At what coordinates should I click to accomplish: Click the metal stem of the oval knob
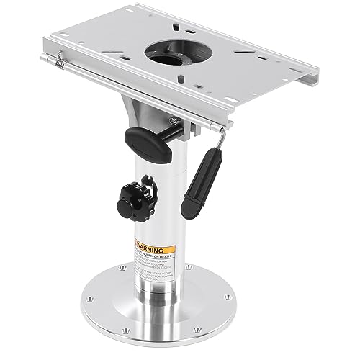click(x=168, y=130)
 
